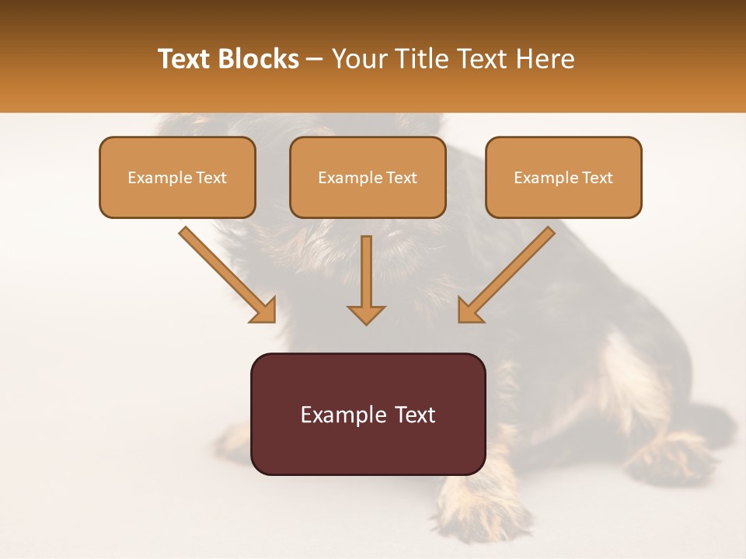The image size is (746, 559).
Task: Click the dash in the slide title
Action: (x=315, y=60)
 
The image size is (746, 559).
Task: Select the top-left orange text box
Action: (x=177, y=177)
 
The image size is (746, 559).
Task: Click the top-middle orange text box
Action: (x=368, y=177)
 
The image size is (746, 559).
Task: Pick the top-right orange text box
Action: (x=563, y=177)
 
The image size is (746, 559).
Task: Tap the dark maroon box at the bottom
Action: (x=368, y=414)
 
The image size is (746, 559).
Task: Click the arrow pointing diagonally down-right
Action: (x=225, y=272)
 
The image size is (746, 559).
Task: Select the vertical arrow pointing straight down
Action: (x=366, y=276)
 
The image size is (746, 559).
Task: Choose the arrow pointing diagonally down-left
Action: (x=509, y=272)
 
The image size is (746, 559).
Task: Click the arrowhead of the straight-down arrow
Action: (x=366, y=314)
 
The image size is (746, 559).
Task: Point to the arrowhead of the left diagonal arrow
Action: (x=263, y=310)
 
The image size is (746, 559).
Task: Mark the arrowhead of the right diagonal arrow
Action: (x=470, y=310)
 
